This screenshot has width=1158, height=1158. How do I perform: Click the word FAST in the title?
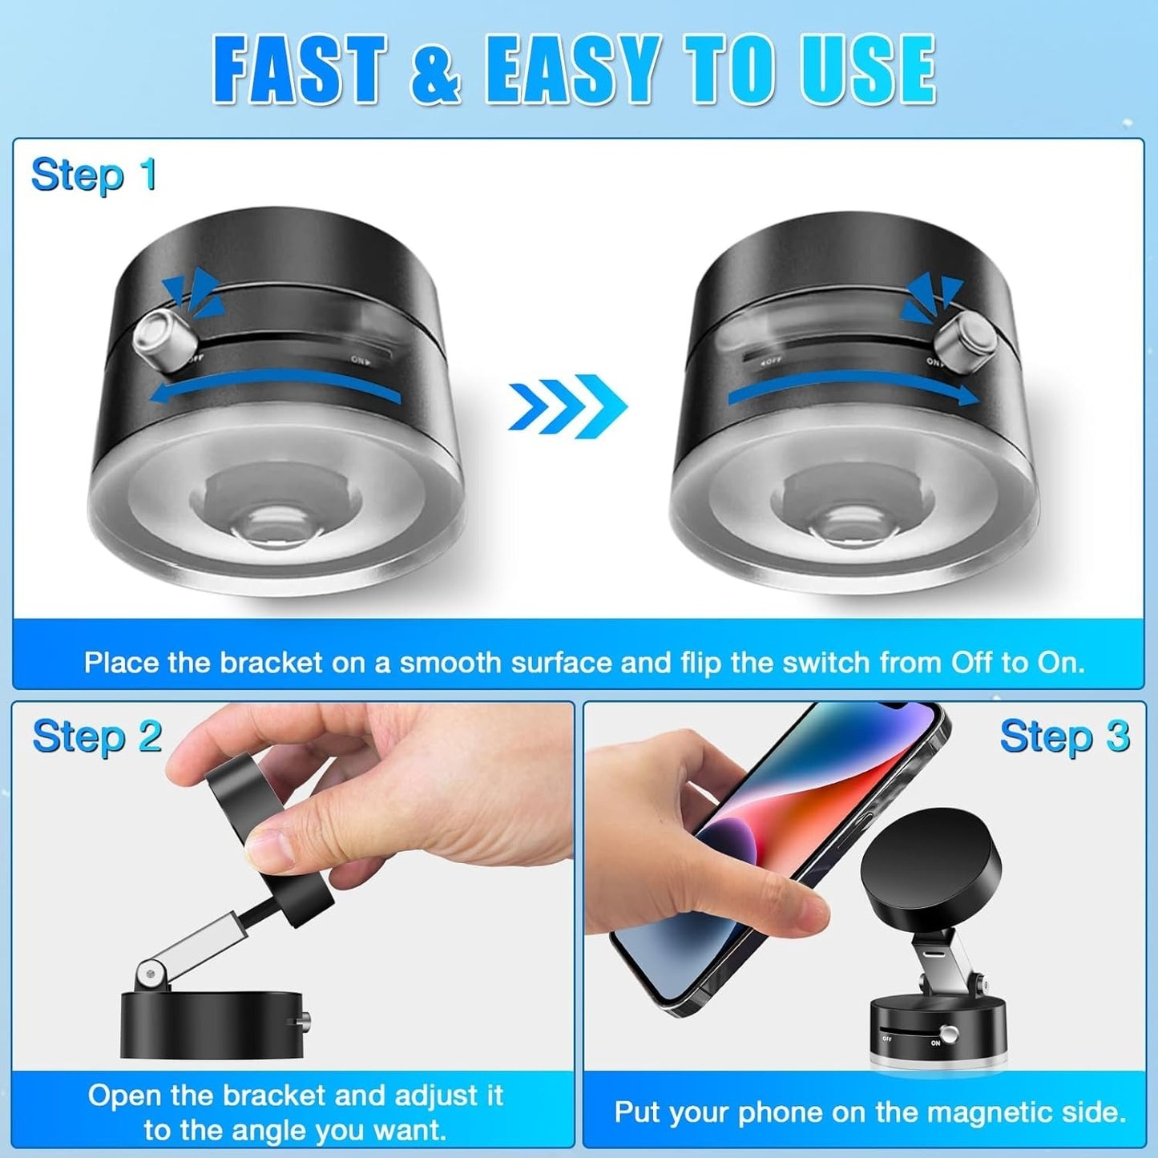coord(300,71)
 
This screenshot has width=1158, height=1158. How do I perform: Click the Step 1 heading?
coord(94,175)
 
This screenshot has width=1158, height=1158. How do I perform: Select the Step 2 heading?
coord(97,736)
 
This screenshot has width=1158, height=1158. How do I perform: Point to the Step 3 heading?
coord(1064,736)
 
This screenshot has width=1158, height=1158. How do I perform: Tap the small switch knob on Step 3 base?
coord(950,1035)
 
